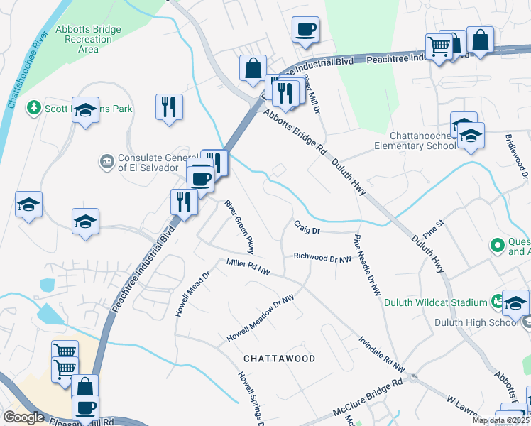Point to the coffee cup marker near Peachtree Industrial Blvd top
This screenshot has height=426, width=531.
coord(305,30)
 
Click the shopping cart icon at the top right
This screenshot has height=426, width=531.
coord(439,47)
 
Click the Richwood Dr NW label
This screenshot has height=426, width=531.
coord(322,258)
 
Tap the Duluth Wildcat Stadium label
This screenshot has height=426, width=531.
coord(434,302)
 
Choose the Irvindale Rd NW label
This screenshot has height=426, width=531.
coord(381,354)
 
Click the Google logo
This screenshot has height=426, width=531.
coord(23,417)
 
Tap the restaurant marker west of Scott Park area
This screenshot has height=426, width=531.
coord(169,107)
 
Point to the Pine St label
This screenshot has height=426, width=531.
coord(432,228)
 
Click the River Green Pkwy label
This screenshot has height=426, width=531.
coord(240,226)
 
